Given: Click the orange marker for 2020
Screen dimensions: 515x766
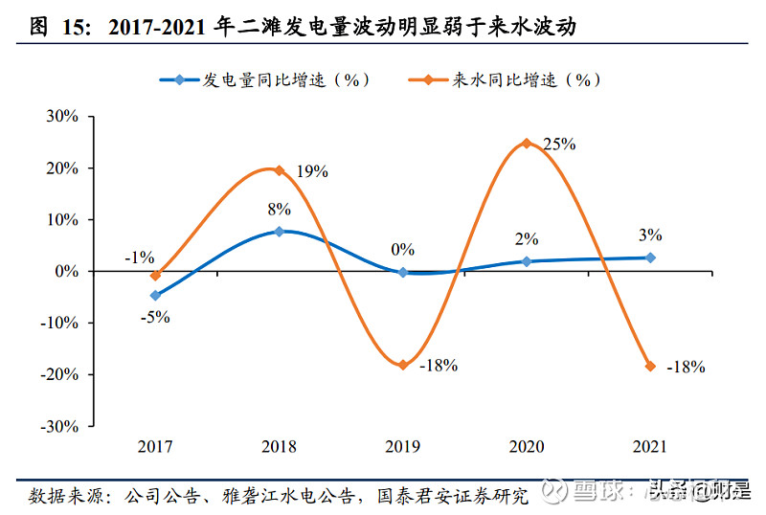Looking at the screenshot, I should pos(526,144).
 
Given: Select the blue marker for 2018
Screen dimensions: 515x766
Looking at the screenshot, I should pos(279,231).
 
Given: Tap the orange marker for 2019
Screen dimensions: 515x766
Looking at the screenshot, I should pos(402,365).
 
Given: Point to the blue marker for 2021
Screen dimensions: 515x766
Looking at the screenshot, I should pos(650,257).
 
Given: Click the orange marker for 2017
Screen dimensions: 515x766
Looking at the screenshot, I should pos(155,276).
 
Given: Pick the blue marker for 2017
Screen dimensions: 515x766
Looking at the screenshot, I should pos(155,296).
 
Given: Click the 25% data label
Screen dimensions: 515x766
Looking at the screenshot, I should pos(558,145).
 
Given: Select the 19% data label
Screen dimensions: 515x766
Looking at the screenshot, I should pos(312,172).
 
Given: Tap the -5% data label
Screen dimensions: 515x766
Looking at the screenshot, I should pos(156,317).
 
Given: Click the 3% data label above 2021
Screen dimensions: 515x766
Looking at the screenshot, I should pos(650,235).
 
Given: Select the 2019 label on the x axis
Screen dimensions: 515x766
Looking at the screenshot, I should pos(402,447).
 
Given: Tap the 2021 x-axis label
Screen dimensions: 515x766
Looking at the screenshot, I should pos(650,447).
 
